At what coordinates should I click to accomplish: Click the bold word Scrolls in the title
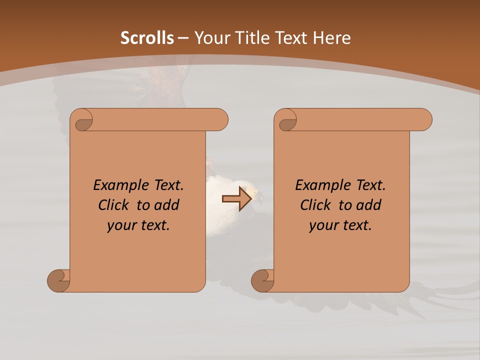pyautogui.click(x=147, y=38)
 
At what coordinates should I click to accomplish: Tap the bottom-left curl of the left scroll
pyautogui.click(x=58, y=280)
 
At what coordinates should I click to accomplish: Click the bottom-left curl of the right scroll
pyautogui.click(x=262, y=280)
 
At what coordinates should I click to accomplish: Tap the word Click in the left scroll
pyautogui.click(x=109, y=205)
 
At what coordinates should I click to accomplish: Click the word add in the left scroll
pyautogui.click(x=167, y=205)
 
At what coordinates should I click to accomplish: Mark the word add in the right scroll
pyautogui.click(x=369, y=205)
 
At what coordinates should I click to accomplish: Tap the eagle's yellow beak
pyautogui.click(x=258, y=194)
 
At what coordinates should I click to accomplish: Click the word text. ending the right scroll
pyautogui.click(x=355, y=225)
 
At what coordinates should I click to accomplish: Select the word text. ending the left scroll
pyautogui.click(x=153, y=225)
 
